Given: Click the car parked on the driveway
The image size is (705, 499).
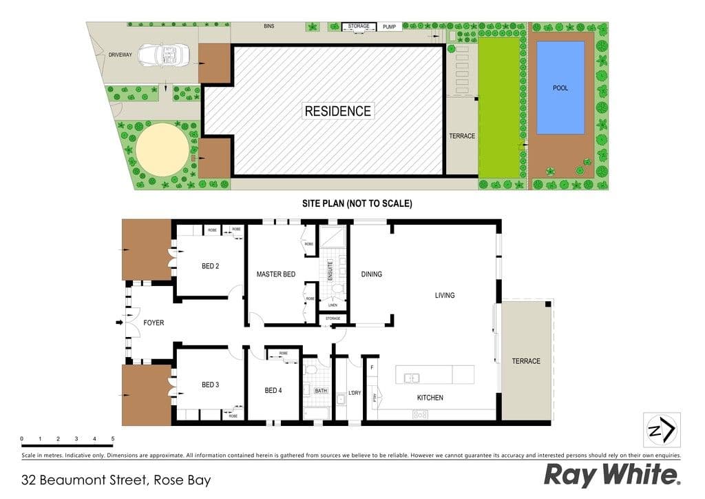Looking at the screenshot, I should [x=160, y=56].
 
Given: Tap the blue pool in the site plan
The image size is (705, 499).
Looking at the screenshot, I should [x=560, y=88].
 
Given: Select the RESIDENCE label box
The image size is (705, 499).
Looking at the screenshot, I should [x=337, y=111].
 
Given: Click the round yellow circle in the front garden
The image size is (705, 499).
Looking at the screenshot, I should [x=162, y=148].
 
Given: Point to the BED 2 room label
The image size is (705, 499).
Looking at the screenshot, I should [x=210, y=266].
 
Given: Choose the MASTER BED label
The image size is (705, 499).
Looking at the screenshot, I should [x=275, y=274].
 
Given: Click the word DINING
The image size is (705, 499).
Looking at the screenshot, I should [x=371, y=274].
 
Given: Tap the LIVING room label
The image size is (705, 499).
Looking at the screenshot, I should [x=445, y=296].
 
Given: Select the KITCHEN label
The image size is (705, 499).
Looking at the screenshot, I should [x=430, y=398].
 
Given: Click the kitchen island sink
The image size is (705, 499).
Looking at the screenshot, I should [x=412, y=377].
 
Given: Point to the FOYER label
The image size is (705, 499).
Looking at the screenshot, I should [x=154, y=323].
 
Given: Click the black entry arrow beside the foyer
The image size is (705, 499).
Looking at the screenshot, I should [x=118, y=322].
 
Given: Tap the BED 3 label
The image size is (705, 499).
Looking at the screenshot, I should [x=210, y=385].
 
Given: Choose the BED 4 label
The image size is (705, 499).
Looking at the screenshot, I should [x=273, y=391].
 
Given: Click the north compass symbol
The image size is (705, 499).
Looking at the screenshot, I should [x=662, y=430].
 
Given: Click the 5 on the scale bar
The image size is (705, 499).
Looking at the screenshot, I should [x=112, y=438].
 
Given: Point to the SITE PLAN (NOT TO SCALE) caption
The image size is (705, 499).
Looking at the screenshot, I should [x=357, y=203].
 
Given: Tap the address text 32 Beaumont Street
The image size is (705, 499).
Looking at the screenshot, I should [x=116, y=480].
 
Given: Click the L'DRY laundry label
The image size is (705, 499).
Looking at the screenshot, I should [x=355, y=393].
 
